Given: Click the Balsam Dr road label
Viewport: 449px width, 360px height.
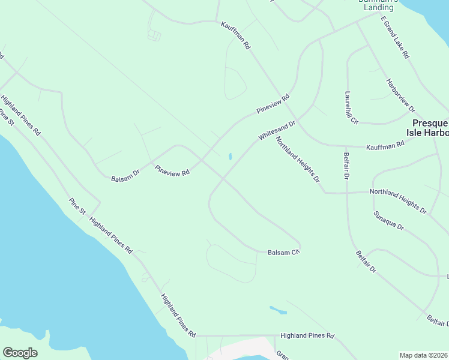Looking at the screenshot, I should click(x=125, y=175).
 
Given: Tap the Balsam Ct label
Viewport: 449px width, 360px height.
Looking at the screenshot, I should click(x=283, y=253).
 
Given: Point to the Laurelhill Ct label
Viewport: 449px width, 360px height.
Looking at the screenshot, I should click(x=351, y=108).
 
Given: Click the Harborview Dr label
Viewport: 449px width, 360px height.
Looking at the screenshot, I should click(x=400, y=95).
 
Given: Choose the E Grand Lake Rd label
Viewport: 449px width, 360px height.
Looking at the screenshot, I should click(x=395, y=37).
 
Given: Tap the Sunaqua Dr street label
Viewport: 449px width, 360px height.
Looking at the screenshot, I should click(x=388, y=221).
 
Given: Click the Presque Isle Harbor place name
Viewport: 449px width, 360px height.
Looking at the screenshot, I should click(x=427, y=127).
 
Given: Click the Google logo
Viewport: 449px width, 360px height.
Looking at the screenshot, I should click(x=20, y=353).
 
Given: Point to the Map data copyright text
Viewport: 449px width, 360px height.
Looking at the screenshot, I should click(x=424, y=355).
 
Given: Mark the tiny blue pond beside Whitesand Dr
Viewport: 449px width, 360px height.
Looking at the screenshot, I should click(x=230, y=157).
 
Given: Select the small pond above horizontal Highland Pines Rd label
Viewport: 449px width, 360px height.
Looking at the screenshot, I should click(x=278, y=310).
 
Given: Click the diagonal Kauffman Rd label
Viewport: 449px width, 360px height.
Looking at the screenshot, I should click(x=235, y=35).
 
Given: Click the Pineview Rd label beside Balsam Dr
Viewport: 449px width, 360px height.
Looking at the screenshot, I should click(x=172, y=171).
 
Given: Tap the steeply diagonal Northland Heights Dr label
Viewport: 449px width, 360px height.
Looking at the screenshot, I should click(x=298, y=159).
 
